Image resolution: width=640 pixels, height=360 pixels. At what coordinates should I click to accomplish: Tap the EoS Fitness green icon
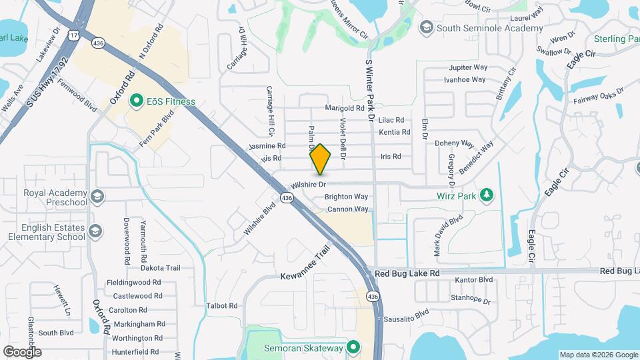137,102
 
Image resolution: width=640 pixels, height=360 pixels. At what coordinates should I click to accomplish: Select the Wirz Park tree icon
487,195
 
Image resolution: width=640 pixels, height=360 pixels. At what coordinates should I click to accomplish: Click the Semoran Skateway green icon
353,348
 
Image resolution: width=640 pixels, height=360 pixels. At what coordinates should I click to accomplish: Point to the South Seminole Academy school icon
425,28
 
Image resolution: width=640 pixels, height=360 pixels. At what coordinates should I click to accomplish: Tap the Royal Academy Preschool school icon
97,196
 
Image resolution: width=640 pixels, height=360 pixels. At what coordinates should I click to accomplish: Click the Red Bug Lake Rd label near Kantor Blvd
407,273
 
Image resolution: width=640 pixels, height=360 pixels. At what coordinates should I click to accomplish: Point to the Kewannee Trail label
305,267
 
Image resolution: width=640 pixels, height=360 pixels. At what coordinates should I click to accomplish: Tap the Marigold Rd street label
345,108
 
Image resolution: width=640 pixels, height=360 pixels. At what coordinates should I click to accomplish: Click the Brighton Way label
346,197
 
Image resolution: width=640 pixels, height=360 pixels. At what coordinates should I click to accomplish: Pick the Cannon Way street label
347,209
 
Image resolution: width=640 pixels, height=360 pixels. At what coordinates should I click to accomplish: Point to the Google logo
22,351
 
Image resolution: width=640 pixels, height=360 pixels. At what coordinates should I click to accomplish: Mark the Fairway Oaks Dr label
598,96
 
